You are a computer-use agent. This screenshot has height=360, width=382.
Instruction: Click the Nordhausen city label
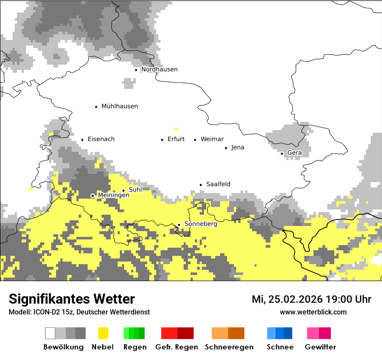click(159, 69)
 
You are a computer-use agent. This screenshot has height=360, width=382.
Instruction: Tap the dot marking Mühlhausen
click(96, 106)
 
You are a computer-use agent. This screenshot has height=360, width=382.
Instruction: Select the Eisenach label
click(101, 139)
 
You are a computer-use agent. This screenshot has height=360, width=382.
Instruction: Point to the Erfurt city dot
click(162, 140)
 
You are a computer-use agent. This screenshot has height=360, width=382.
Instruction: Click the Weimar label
click(212, 139)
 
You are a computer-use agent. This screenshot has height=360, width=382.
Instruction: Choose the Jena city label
click(237, 147)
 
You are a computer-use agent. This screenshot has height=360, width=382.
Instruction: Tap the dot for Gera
click(282, 153)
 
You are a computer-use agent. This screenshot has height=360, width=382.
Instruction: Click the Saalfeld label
click(218, 184)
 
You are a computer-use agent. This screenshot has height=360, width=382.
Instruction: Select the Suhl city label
click(135, 190)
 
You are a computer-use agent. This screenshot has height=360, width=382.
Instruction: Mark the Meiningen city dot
click(92, 196)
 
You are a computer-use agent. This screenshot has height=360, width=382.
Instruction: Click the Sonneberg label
click(201, 224)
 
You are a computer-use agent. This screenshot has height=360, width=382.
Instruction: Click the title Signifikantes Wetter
click(72, 299)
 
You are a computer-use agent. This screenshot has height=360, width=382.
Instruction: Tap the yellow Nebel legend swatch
click(103, 333)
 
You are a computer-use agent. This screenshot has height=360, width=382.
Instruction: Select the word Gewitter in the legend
click(320, 347)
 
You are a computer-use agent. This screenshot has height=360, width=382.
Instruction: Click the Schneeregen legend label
click(229, 347)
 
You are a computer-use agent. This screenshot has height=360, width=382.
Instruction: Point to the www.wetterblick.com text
click(313, 312)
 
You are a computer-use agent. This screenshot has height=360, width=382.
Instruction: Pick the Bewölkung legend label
click(63, 347)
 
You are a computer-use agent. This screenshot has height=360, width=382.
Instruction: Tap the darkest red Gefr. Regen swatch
click(185, 333)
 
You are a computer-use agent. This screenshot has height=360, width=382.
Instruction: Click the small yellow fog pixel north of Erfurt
click(176, 128)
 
